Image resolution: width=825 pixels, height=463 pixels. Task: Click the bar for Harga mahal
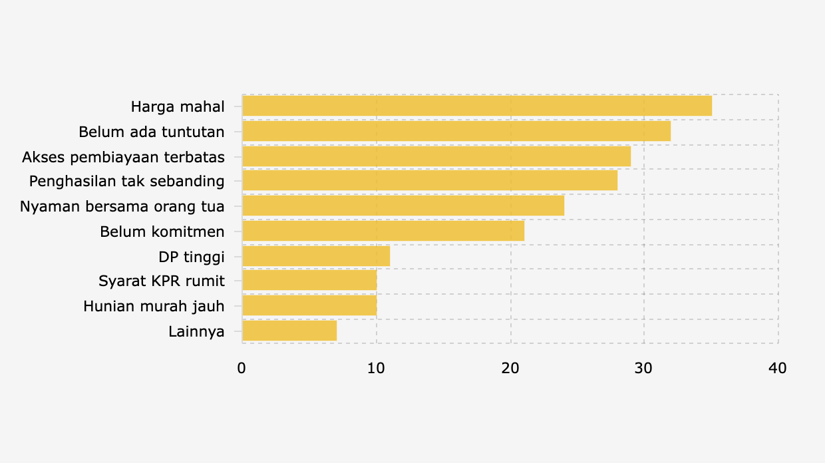click(x=477, y=106)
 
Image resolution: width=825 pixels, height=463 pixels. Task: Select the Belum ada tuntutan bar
click(x=456, y=131)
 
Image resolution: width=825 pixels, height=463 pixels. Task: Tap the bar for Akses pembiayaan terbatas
click(x=436, y=156)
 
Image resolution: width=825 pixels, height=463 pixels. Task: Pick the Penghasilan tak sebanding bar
click(x=430, y=181)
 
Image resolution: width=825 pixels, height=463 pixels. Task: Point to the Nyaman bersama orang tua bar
click(x=403, y=206)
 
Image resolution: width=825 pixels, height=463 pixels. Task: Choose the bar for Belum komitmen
click(x=383, y=231)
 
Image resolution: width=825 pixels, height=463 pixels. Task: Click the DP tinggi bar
click(x=316, y=256)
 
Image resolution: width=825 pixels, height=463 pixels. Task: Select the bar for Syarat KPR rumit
click(x=309, y=281)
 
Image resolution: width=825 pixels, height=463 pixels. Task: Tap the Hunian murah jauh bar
click(x=309, y=306)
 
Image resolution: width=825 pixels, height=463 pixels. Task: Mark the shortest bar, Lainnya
click(x=289, y=331)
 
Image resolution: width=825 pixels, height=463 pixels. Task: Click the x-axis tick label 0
click(x=242, y=369)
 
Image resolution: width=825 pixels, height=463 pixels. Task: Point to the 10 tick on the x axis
click(x=376, y=369)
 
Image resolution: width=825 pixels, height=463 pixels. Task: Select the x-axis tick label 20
click(x=510, y=369)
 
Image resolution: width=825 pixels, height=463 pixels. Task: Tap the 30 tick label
click(x=644, y=369)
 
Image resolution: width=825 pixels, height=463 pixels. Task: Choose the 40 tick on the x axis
click(x=778, y=369)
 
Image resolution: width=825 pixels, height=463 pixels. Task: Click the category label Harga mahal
click(x=178, y=106)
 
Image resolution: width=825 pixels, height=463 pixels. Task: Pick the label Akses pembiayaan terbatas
click(x=123, y=157)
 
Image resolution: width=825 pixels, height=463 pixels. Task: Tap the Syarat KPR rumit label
click(x=162, y=281)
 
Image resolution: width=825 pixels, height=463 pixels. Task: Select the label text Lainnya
click(x=196, y=331)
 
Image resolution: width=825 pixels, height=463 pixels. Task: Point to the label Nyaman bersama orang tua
click(x=122, y=206)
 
